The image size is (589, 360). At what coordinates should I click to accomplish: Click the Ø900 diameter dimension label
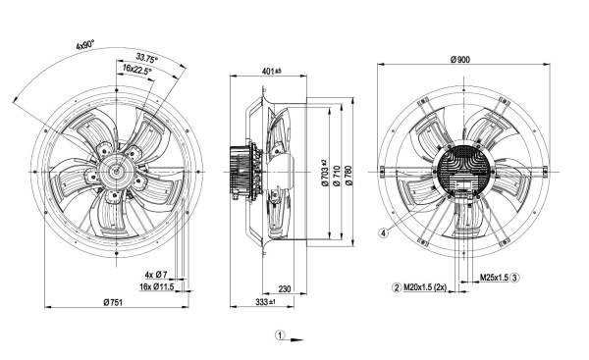coord(459,60)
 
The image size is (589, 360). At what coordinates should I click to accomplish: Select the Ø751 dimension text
coord(113,302)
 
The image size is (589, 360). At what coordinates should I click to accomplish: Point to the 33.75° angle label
coord(147,58)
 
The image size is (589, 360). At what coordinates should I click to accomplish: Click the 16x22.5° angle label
coord(137,69)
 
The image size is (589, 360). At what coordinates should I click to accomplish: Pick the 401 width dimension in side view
coord(272,71)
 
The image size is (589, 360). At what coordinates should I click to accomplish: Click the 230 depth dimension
coord(285,288)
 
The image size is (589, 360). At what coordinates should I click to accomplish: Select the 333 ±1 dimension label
coord(266,302)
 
